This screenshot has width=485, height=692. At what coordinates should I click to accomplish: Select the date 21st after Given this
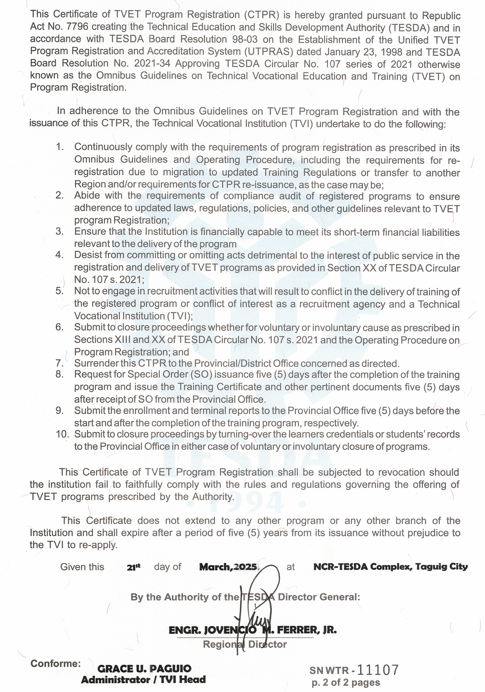point(134,567)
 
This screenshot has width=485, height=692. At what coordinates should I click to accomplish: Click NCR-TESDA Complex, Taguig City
point(390,566)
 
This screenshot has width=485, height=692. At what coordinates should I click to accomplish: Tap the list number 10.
point(62,434)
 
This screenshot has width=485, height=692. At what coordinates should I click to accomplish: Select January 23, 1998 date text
point(360,52)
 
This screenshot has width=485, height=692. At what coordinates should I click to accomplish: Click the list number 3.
point(59,231)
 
